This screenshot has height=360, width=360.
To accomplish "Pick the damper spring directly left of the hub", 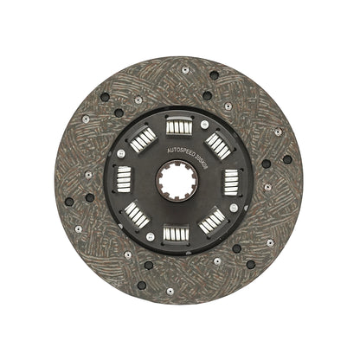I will (x=125, y=181).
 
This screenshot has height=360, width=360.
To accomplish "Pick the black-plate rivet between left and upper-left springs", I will (x=119, y=154).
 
